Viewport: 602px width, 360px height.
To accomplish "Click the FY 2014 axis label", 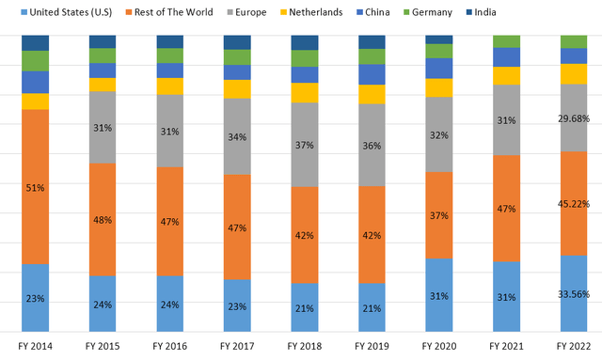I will [35, 347].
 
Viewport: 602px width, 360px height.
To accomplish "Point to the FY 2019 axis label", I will [372, 347].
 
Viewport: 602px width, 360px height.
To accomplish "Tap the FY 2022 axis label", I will [575, 347].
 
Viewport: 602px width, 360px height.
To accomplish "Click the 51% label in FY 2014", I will [35, 188].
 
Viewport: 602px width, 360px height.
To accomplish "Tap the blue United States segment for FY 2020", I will [439, 295].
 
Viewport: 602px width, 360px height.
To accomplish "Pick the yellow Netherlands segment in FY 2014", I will [35, 102].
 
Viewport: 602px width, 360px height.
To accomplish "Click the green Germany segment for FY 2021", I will [507, 40].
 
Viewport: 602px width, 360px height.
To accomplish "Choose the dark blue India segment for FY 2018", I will [305, 42].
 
